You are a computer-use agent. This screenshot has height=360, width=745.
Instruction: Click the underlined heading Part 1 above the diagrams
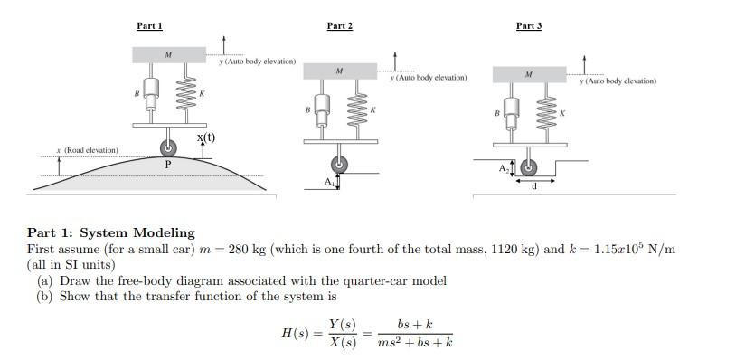coord(149,26)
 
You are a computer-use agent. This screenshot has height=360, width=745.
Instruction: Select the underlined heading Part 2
coord(339,26)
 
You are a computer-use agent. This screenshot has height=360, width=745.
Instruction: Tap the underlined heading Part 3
coord(529,26)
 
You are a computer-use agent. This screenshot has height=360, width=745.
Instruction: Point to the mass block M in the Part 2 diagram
coord(340,71)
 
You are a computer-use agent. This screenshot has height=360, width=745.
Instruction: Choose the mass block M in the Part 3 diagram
coord(529,74)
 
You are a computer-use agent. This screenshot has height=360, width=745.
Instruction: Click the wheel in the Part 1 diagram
coord(169,147)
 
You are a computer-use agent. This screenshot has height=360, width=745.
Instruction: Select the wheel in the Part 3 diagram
coord(529,168)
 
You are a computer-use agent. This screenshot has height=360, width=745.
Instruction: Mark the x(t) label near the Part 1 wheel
coord(206,137)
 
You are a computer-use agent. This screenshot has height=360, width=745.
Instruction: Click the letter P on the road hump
coord(168,165)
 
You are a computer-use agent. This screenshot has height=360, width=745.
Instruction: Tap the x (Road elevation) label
coord(86,149)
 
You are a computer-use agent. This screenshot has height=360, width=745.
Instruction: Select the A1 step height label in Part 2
coord(330,181)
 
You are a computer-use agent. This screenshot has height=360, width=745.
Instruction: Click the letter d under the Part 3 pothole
coord(535,187)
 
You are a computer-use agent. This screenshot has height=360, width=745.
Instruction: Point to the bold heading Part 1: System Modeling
coord(110,232)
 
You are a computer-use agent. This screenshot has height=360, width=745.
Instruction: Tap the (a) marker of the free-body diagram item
coord(44,280)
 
